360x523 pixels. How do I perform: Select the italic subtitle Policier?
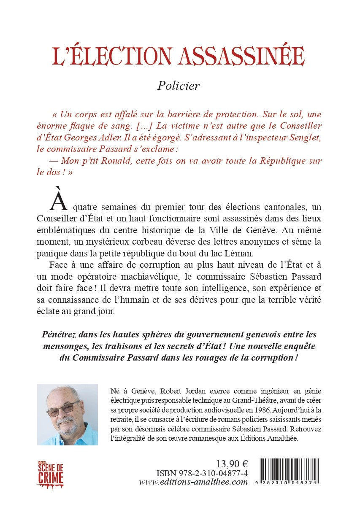pos(179,86)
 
